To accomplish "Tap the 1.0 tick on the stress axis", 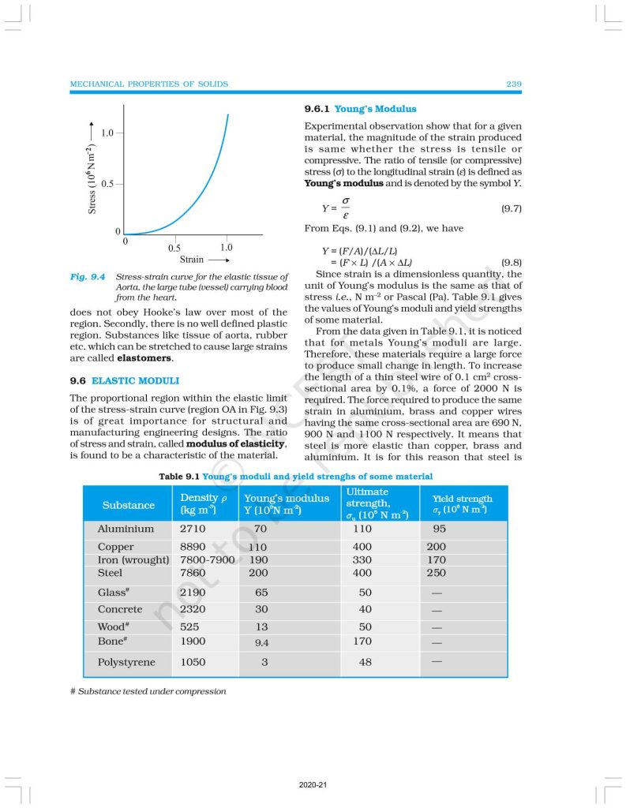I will pos(107,132).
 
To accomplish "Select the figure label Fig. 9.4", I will pos(88,278).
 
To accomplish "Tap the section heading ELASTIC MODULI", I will pos(135,380).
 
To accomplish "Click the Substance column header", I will pos(128,505).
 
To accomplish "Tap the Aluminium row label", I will pos(126,529).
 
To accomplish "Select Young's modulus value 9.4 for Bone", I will pos(261,643).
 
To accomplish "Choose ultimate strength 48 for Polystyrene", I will pos(365,662).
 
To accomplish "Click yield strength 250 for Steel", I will pos(436,573).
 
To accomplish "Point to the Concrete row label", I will pos(120,609).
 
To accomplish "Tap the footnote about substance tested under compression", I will pos(148,691).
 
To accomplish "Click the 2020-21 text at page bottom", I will pos(313,786).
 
